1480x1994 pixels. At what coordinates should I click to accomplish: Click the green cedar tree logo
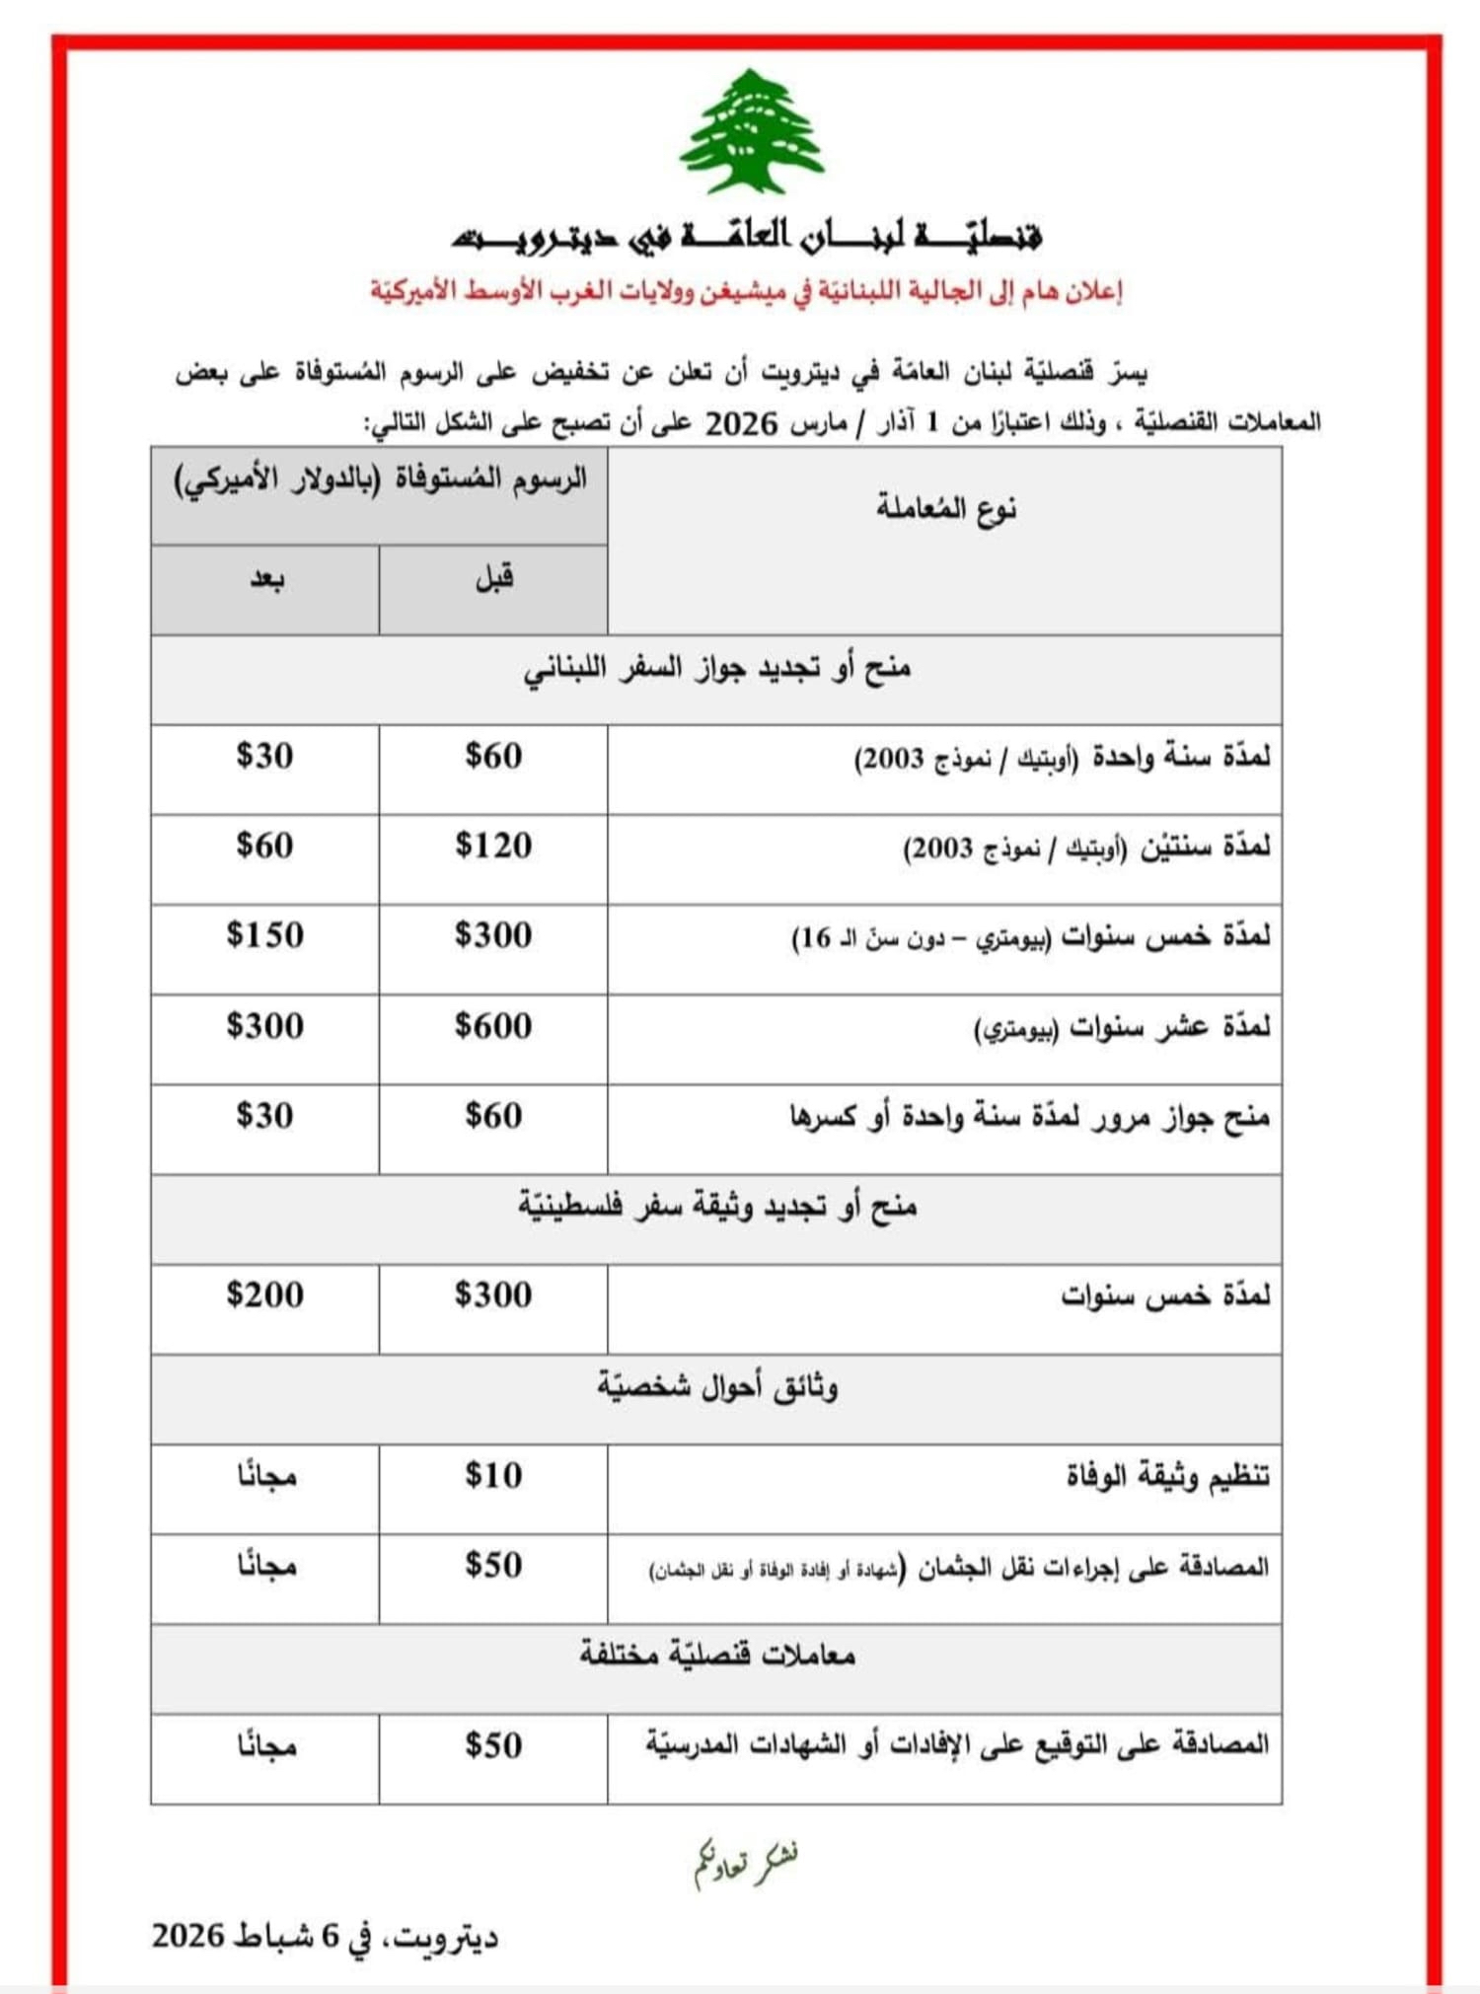(752, 132)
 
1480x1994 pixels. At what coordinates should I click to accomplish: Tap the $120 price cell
(493, 847)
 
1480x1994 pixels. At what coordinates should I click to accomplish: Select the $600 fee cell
(493, 1026)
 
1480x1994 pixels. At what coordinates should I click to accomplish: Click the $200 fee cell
(264, 1294)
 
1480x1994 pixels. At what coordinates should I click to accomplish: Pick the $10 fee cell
(493, 1475)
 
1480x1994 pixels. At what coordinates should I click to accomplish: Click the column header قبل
(494, 577)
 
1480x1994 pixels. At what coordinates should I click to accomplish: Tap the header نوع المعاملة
(945, 509)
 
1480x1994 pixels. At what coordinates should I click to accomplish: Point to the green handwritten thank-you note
(746, 1863)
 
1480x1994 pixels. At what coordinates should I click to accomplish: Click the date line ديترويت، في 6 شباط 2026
(326, 1937)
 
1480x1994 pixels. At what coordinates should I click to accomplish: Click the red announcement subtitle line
(747, 291)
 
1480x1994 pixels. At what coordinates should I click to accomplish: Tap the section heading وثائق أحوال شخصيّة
(717, 1387)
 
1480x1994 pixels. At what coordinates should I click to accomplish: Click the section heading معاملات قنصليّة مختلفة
(717, 1655)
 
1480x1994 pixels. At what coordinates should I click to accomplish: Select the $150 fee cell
(264, 935)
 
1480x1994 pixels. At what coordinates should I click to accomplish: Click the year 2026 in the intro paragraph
(741, 423)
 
